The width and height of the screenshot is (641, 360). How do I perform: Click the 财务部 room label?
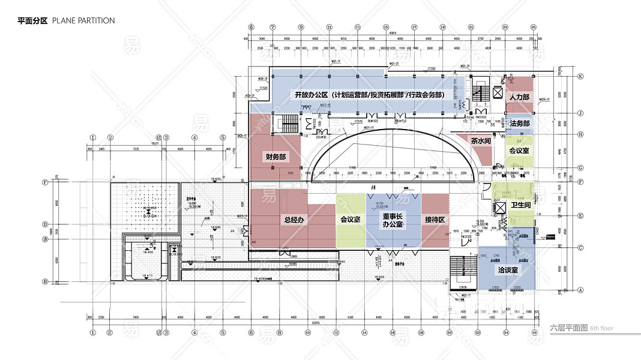275,157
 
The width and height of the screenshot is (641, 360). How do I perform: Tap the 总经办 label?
295,220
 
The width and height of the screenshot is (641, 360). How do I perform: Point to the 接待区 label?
433,220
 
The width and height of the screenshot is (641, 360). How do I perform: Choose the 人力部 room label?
519,97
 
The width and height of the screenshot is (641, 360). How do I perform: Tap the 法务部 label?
520,124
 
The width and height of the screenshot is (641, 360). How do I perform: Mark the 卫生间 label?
521,205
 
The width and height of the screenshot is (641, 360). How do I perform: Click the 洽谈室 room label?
508,271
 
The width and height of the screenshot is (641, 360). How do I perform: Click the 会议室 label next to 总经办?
350,220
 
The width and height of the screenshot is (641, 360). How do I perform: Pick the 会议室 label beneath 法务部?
519,151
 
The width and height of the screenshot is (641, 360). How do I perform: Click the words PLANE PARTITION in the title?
83,20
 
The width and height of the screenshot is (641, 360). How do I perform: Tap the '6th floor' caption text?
602,328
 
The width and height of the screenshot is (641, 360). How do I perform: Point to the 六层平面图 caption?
568,328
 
